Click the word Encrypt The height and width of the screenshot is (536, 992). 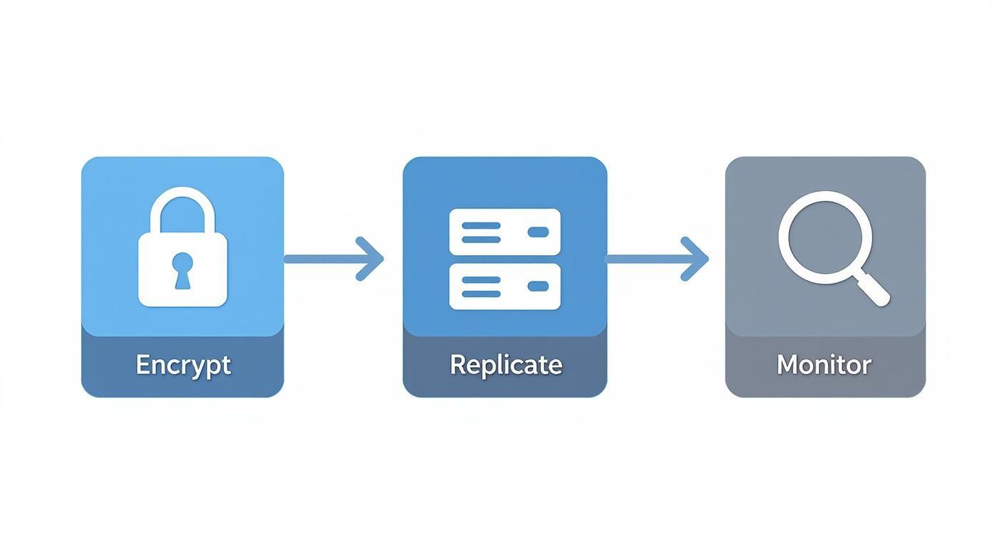183,365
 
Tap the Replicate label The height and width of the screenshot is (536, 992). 505,365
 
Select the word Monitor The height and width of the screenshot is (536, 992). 824,365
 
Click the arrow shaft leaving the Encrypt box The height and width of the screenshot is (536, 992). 321,259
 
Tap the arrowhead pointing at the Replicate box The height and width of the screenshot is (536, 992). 372,259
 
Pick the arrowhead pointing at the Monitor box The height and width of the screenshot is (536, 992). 697,259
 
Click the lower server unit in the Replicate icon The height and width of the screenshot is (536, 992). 505,286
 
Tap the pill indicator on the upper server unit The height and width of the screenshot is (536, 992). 537,232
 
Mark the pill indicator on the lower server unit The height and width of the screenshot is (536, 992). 537,286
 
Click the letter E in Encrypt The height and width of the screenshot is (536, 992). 143,365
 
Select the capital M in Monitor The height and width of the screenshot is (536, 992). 787,365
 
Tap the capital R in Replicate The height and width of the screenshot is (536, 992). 458,365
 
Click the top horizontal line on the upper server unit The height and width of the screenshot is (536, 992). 481,225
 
